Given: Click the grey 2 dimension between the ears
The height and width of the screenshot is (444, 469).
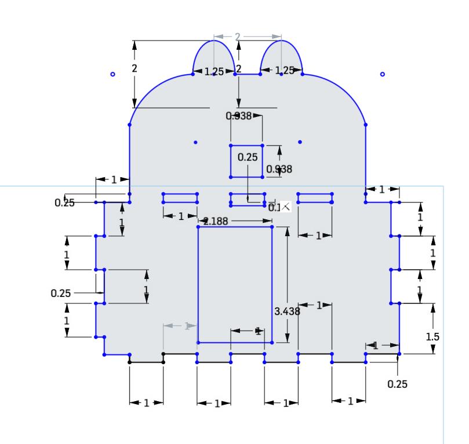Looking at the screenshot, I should coord(237,36).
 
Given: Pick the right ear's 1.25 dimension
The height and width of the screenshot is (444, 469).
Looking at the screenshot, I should coord(283,71).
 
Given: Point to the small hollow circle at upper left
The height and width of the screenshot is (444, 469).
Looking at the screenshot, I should coord(113,74).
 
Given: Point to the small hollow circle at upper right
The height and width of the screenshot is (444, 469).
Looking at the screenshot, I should coord(382,74).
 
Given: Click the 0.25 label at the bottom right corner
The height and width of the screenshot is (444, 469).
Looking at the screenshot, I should coord(397,384).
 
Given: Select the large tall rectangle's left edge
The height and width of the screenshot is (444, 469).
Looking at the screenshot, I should coord(198,284).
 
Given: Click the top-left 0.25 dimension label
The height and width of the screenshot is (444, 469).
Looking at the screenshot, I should coord(64,203).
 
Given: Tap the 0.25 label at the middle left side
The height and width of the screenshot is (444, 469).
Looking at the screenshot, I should coord(61,293).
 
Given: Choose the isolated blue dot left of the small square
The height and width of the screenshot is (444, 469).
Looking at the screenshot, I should coord(195,142).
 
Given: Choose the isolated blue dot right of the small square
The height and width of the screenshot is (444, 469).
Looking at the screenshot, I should coord(300,142).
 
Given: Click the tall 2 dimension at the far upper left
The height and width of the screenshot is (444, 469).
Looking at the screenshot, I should coord(134,68).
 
